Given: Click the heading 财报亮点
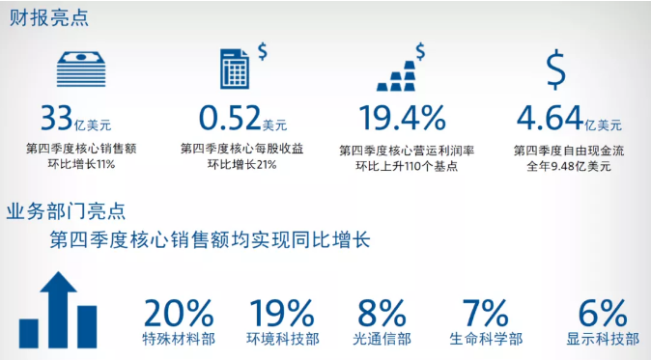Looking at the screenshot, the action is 48,17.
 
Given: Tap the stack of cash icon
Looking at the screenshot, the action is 81,69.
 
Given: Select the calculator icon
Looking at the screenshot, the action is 235,69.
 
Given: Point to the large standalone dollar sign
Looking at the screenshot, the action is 555,69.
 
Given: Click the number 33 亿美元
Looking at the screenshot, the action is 76,118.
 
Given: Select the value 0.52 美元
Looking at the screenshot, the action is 242,118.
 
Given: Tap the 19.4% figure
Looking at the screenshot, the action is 403,118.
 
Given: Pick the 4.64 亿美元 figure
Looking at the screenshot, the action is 569,118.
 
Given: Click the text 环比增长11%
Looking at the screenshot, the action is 81,164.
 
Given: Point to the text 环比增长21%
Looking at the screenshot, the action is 242,164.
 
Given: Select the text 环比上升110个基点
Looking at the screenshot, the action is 407,166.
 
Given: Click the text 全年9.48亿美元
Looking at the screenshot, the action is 569,166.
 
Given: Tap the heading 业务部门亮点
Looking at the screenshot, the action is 66,211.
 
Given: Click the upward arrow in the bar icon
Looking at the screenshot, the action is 59,310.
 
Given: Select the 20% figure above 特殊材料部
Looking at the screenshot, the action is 179,313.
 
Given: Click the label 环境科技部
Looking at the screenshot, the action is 283,340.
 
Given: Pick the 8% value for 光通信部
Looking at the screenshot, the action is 382,313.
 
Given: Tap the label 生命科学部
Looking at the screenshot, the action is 486,340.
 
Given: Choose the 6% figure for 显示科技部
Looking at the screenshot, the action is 603,313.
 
